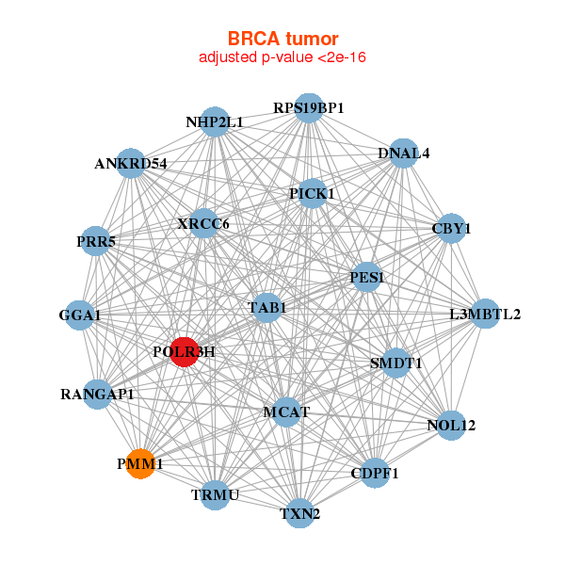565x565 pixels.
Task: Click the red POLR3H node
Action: coord(184,352)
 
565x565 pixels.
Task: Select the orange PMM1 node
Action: coord(141,463)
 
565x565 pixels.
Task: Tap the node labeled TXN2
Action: coord(300,513)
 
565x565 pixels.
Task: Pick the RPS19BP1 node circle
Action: coord(309,107)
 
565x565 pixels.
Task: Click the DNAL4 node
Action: coord(403,153)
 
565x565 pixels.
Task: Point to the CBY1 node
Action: coord(451,229)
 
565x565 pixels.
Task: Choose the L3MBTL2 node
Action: coord(485,314)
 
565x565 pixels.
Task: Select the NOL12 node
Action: coord(452,426)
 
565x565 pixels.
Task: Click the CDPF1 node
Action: coord(375,473)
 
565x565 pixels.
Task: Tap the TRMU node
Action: coord(216,494)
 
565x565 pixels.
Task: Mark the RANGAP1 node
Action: coord(98,394)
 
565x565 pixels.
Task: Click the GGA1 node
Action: coord(81,315)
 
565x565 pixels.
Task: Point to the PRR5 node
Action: coord(95,242)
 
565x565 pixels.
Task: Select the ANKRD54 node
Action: coord(131,164)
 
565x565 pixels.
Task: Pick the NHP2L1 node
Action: coord(216,122)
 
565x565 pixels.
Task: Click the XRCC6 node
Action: coord(204,224)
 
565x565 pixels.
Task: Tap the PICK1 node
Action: coord(313,194)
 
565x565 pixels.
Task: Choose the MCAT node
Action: coord(285,412)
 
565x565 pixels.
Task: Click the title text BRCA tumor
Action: coord(282,39)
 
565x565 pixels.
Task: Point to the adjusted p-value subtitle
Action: coord(282,57)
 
